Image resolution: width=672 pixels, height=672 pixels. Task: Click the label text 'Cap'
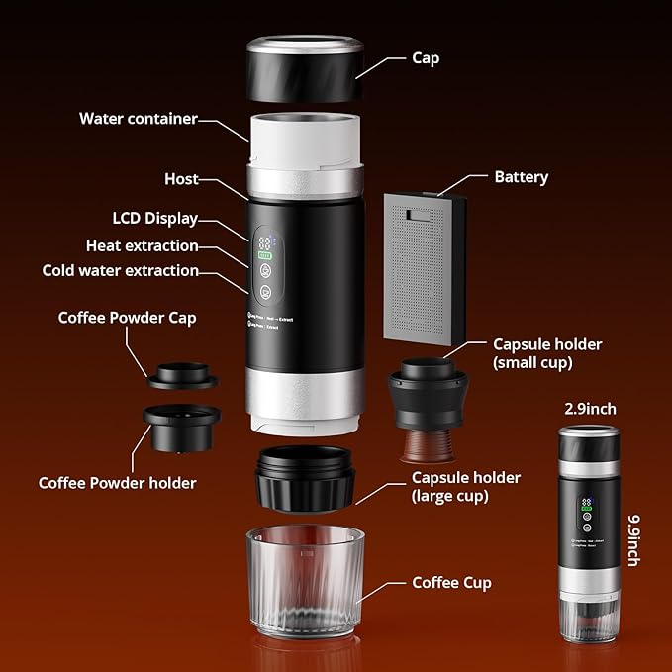[x=426, y=58]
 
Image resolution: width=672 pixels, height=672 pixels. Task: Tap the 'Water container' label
[x=139, y=119]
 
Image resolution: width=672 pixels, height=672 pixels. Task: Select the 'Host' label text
[x=181, y=179]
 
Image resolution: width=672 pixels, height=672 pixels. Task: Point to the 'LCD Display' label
[x=154, y=219]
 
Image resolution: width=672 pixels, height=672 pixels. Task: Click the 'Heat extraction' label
[x=142, y=245]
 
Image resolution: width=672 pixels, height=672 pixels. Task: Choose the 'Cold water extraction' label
[x=120, y=270]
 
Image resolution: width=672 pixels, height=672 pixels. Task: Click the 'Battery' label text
[x=521, y=177]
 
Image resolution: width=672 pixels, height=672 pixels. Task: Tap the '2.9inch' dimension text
[x=591, y=409]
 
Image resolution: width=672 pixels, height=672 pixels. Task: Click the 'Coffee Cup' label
[x=451, y=583]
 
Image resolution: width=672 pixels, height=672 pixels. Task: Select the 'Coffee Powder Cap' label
[x=127, y=318]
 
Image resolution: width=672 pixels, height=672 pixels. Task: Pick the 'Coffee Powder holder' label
[x=117, y=483]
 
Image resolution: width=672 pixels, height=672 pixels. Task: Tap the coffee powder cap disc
[x=182, y=376]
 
